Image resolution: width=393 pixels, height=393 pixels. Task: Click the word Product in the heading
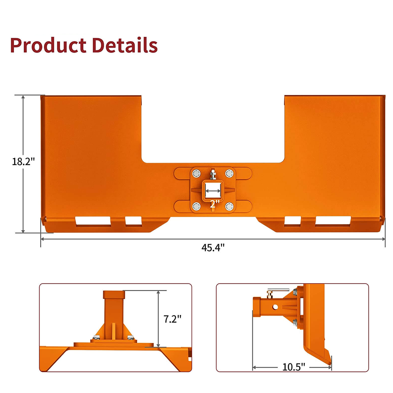(48, 45)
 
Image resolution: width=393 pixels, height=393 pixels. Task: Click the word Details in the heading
(125, 45)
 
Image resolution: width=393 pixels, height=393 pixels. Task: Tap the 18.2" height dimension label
(23, 162)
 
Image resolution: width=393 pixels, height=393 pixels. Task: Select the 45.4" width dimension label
(213, 247)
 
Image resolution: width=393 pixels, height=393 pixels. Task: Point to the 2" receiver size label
(215, 204)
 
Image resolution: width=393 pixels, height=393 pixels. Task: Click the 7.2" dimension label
(172, 319)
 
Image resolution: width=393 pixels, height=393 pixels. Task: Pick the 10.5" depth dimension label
(293, 367)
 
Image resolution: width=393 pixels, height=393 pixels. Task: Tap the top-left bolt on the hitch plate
(196, 173)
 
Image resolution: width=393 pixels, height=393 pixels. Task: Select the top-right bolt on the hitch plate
(229, 173)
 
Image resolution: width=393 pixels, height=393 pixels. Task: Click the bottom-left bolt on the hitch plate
(196, 206)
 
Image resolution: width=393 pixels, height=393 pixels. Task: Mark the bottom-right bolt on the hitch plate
(229, 206)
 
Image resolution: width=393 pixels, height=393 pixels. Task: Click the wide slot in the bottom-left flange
(93, 221)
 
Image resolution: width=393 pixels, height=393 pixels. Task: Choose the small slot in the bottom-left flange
(133, 221)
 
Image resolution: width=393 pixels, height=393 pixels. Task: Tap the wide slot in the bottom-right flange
(333, 221)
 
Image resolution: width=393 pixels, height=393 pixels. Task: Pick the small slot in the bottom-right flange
(292, 221)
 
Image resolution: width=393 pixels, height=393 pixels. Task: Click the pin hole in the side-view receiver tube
(275, 307)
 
